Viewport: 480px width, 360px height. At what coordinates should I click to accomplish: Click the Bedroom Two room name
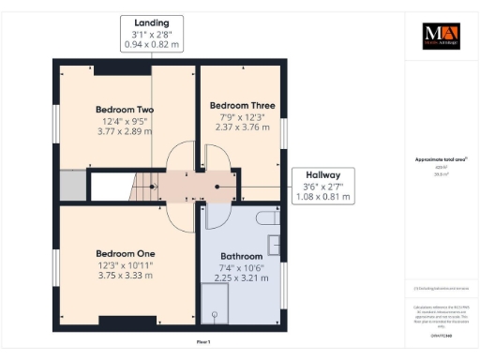[125, 110]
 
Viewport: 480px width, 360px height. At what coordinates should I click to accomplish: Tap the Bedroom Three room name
[242, 106]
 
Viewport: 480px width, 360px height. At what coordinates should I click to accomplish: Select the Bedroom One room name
[125, 253]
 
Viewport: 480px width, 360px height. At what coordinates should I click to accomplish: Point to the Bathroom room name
[242, 255]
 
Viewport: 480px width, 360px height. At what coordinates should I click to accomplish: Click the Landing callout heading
[152, 22]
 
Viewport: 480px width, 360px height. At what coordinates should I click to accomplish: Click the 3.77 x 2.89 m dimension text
[125, 132]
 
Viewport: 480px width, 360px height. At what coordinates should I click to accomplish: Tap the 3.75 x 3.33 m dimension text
[125, 276]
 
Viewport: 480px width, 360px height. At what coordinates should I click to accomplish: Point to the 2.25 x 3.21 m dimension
[242, 277]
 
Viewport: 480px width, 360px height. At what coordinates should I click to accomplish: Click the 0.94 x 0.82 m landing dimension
[152, 45]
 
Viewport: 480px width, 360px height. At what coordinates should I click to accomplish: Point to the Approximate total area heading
[438, 160]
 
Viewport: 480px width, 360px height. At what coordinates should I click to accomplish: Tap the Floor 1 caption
[202, 342]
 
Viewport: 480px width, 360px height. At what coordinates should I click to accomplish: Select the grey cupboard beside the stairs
[71, 185]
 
